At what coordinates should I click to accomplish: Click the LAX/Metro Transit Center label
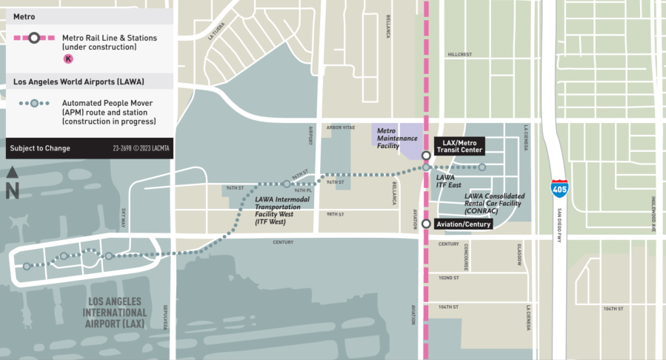[459, 146]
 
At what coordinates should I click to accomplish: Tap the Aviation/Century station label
[462, 224]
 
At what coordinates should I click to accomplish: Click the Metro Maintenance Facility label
[397, 138]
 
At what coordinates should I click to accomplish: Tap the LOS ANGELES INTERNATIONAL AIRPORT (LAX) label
[117, 313]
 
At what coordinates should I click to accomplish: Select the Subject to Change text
[40, 148]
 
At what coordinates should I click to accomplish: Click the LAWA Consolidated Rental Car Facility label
[494, 204]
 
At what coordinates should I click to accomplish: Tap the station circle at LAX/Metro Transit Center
[427, 156]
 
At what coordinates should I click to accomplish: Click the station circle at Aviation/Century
[427, 224]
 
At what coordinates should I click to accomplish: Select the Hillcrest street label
[460, 54]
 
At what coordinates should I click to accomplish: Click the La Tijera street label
[216, 30]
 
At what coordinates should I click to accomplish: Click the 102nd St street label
[449, 278]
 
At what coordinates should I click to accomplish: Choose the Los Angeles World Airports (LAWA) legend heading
[79, 81]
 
